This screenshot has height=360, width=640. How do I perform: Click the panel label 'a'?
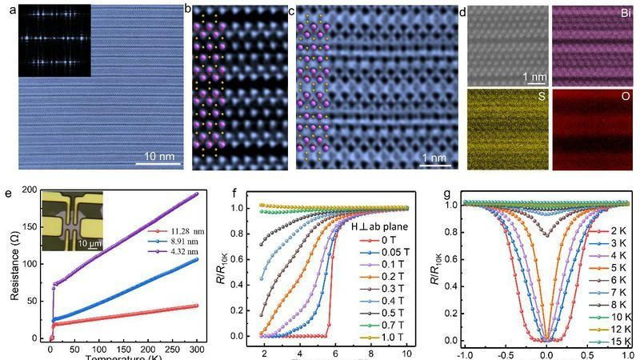coord(11,10)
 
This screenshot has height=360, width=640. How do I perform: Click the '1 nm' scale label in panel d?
coord(535,76)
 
